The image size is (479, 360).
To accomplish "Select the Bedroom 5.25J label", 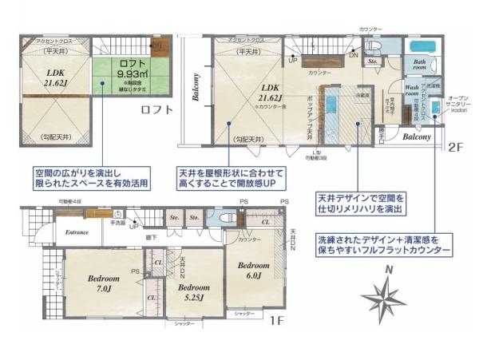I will pyautogui.click(x=193, y=291).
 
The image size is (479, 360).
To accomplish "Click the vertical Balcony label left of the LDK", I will pyautogui.click(x=195, y=87).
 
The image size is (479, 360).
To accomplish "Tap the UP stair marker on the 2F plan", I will pyautogui.click(x=293, y=61).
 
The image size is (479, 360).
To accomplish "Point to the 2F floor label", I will pyautogui.click(x=455, y=147).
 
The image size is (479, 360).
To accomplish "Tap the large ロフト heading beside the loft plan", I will pyautogui.click(x=158, y=110).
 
